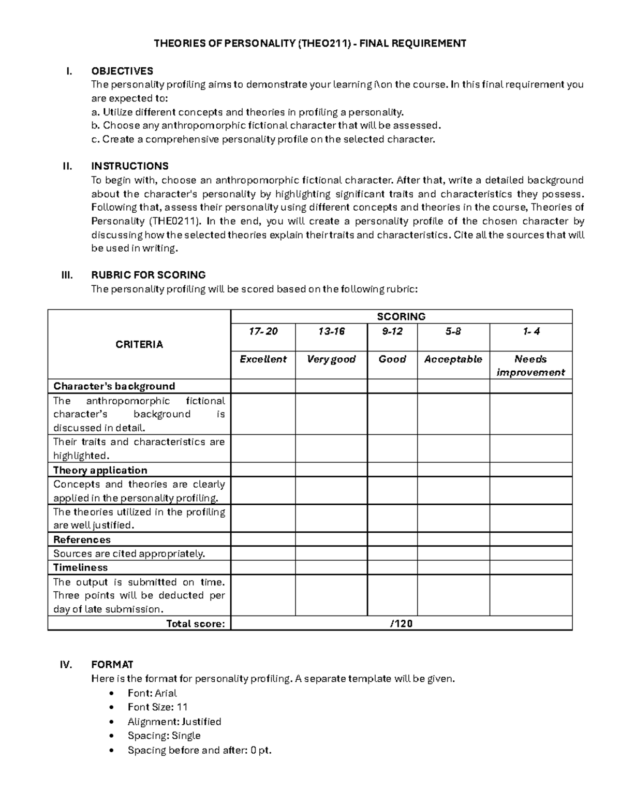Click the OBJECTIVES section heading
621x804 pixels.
click(122, 71)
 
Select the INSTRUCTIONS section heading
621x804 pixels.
click(130, 166)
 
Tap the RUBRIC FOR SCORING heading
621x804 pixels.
click(149, 275)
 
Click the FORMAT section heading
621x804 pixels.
click(112, 665)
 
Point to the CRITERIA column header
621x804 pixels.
click(139, 344)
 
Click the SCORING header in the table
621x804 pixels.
click(401, 316)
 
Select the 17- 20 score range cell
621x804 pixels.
click(263, 331)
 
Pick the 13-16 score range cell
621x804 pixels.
click(331, 331)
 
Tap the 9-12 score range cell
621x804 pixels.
click(392, 331)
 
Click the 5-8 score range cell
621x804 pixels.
click(453, 331)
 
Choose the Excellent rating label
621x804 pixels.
click(263, 359)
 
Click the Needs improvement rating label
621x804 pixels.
click(530, 366)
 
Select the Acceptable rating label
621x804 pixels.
click(453, 359)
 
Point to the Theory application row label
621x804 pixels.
click(100, 470)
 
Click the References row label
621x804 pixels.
click(82, 539)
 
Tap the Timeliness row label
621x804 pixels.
click(81, 567)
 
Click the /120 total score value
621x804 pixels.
click(401, 623)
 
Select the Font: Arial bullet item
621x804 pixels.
click(152, 693)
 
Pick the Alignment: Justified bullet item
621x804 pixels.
click(174, 722)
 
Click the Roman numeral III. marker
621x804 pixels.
click(67, 275)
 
